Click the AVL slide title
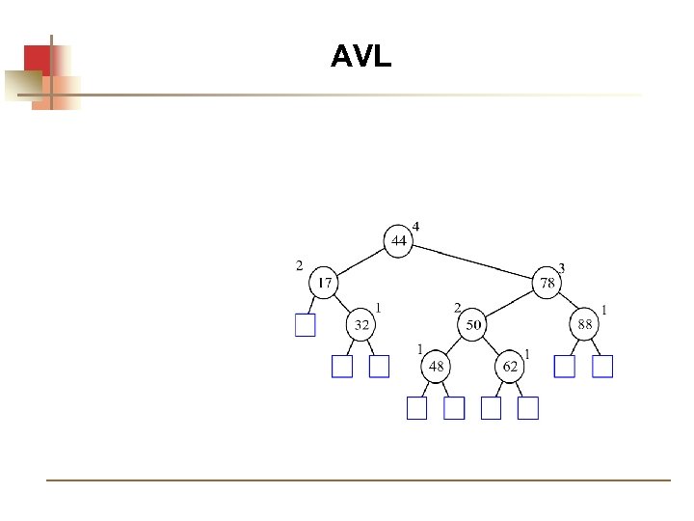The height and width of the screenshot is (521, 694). click(360, 57)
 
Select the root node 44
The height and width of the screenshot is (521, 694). click(398, 239)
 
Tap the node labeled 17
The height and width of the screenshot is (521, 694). click(324, 284)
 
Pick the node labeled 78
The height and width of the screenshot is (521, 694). click(547, 284)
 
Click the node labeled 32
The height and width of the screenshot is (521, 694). click(360, 325)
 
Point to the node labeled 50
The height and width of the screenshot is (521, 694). click(472, 325)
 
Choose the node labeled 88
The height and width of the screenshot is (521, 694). click(585, 325)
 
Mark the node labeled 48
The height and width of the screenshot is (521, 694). click(436, 367)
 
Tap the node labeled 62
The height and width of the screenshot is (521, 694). click(510, 367)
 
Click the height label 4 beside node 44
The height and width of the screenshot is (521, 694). click(416, 226)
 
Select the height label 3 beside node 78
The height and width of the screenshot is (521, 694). click(562, 267)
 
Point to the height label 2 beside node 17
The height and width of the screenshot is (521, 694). click(299, 263)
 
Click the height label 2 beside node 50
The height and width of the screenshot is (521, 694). click(458, 308)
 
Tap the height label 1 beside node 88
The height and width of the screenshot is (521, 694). click(603, 309)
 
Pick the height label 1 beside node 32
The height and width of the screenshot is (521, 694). click(379, 308)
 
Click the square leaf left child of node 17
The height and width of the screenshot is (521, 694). click(305, 325)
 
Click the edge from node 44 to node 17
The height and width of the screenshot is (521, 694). click(361, 261)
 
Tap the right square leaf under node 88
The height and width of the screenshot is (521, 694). click(602, 367)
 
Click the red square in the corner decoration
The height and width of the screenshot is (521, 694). click(37, 59)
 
